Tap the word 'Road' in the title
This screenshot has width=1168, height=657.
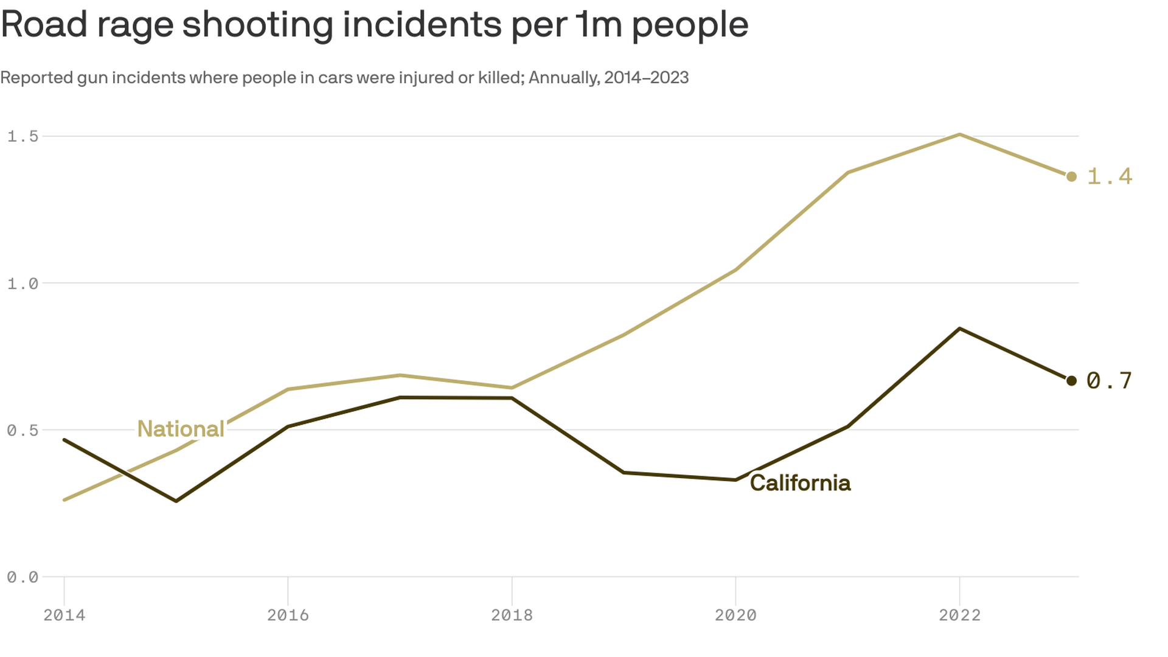44,25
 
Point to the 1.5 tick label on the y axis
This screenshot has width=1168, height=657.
23,136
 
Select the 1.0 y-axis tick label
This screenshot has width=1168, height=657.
23,283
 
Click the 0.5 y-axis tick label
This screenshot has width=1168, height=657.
23,431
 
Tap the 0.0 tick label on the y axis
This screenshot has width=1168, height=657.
23,577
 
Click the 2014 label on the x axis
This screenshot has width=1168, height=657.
64,615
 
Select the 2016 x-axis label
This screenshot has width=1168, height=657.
288,615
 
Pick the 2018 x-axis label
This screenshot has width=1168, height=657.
512,615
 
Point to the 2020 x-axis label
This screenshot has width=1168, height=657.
735,615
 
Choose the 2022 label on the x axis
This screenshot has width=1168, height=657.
959,615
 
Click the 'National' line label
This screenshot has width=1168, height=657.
181,429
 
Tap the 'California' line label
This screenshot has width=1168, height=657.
800,483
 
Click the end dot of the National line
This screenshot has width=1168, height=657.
1071,176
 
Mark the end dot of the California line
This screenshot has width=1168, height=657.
1071,381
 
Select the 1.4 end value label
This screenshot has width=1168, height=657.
1109,176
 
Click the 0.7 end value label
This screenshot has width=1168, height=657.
1109,381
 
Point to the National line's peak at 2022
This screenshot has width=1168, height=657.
959,134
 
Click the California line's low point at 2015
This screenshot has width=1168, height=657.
176,501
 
